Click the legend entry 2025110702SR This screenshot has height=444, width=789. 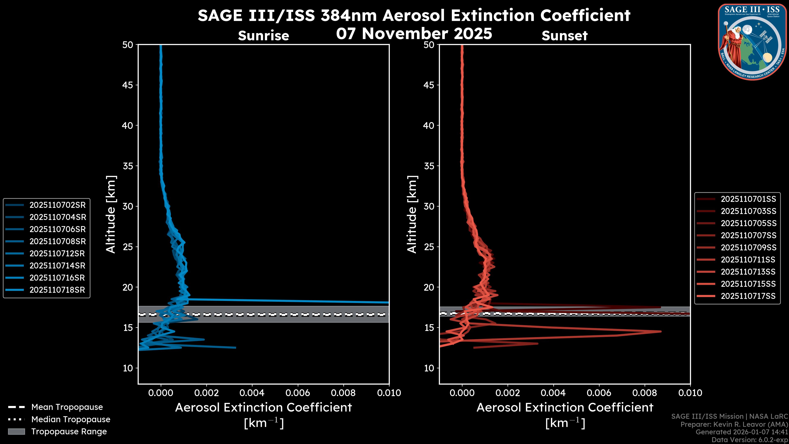[58, 205]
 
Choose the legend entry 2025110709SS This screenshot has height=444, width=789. [748, 247]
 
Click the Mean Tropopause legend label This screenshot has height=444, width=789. [67, 407]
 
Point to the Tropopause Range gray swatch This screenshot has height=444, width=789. [16, 431]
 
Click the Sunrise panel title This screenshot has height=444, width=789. [263, 36]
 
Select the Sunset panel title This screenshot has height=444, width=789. [564, 36]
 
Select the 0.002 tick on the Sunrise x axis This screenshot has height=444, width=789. [206, 393]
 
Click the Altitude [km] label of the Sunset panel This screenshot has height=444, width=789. [412, 214]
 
